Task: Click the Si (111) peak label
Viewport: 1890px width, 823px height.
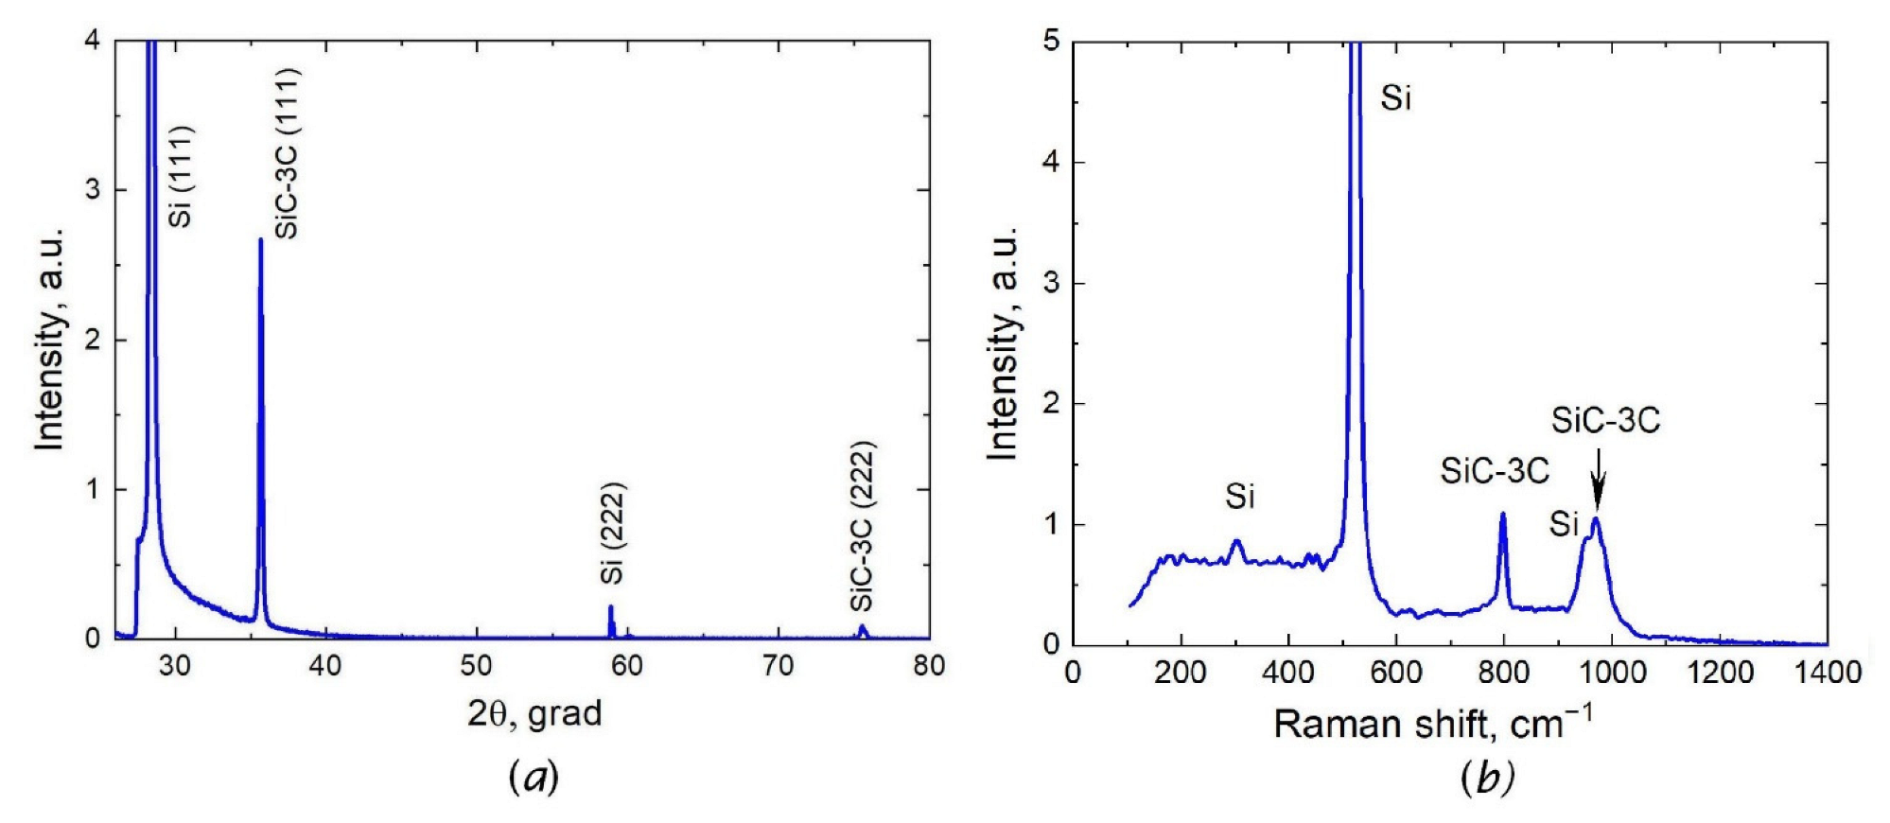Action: (x=181, y=176)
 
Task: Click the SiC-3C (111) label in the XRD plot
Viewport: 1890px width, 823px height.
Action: (x=287, y=153)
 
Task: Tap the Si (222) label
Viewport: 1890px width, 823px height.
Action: (x=613, y=534)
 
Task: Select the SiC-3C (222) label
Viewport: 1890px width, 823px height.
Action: (x=862, y=527)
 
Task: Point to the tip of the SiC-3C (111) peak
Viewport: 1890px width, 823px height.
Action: (x=260, y=240)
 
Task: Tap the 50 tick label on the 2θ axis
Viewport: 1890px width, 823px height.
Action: (x=476, y=666)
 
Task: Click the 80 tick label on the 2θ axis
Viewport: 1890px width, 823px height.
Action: (x=928, y=666)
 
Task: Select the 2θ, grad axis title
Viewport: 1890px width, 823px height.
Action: (x=534, y=713)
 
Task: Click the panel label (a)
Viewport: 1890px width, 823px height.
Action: (x=534, y=778)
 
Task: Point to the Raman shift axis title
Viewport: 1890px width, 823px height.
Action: (x=1432, y=724)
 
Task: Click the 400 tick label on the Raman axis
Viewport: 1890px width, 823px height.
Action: (x=1287, y=673)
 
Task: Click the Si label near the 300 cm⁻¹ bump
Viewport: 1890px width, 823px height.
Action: (x=1239, y=496)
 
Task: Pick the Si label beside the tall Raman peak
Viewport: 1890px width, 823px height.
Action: (x=1395, y=97)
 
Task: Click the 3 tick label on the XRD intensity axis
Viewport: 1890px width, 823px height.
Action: (x=93, y=190)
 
